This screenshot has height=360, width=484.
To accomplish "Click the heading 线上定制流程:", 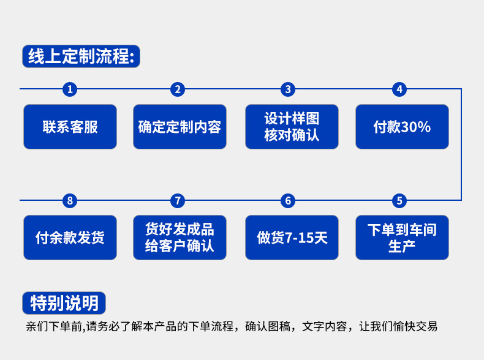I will pos(81,56).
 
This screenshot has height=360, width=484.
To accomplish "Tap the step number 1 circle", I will pos(70,89).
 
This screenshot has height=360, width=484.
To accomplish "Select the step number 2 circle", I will pos(178,89).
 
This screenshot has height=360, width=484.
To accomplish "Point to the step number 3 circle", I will pos(288,89).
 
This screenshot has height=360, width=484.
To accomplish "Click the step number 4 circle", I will pos(399,89).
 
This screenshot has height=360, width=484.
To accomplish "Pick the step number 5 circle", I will pos(399,200).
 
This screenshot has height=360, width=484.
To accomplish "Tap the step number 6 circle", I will pos(288,200).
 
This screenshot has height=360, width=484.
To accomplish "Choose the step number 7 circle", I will pos(178,200).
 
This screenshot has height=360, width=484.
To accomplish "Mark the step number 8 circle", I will pos(70,200).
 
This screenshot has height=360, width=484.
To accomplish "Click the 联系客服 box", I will pos(70,127).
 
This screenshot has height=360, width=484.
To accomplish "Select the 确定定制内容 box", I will pos(180,127).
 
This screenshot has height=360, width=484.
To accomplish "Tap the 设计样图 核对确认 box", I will pos(292,127).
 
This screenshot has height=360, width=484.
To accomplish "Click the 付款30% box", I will pos(402,127).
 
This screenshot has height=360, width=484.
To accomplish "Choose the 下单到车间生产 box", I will pos(402,238).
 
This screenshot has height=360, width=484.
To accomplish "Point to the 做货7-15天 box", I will pos(292,238).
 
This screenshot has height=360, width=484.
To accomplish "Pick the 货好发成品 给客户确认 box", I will pos(180,238).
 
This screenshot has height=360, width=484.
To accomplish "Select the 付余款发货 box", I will pos(70,238).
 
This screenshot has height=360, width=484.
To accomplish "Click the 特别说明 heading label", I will pos(64,302).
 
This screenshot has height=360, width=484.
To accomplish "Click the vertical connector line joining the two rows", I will pos(461,144).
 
